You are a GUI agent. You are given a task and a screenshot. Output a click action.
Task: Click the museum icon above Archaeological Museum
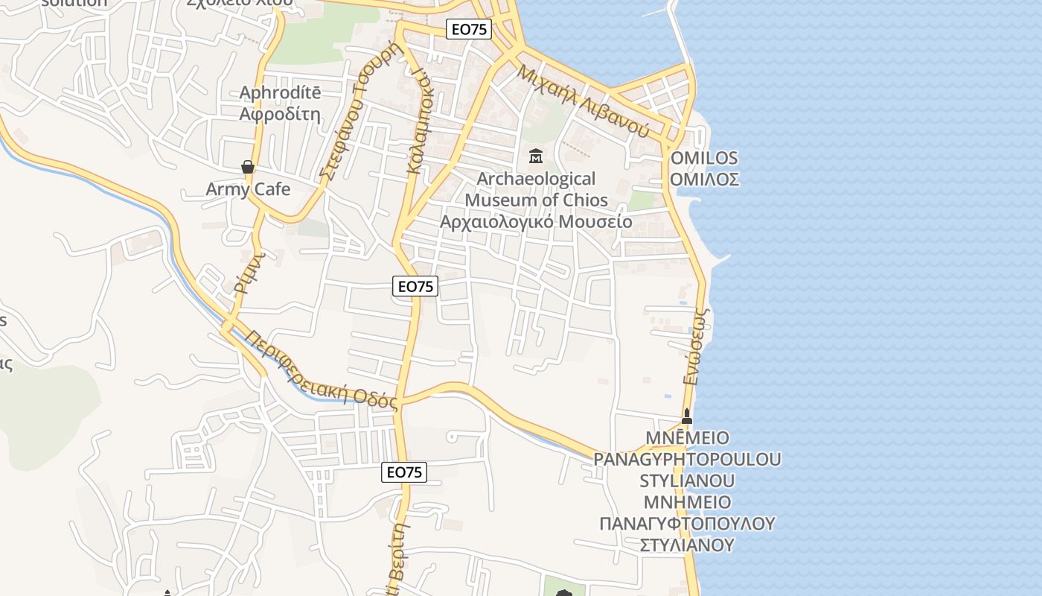535,156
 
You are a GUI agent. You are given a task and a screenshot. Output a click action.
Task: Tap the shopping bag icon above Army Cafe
248,167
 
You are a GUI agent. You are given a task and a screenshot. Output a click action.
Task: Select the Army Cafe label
248,189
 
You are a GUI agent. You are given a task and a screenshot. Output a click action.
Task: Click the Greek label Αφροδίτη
280,114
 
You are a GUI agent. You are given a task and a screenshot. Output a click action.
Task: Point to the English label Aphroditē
280,93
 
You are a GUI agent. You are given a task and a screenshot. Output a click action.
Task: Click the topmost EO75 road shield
468,29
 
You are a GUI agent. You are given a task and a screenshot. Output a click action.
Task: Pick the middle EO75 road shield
415,285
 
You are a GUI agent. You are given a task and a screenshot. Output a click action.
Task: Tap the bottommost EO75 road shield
404,472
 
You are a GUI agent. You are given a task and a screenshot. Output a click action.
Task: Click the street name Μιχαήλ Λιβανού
583,101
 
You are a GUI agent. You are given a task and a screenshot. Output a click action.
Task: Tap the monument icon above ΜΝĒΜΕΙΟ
687,416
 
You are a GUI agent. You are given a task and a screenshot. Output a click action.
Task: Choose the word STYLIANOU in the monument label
687,480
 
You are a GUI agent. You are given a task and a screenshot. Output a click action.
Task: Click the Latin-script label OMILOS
704,158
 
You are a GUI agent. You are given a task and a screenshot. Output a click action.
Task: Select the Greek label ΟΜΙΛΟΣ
704,179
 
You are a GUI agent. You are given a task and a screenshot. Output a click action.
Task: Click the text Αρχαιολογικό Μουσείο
536,221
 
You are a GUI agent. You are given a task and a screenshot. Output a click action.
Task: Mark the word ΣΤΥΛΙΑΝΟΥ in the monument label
687,545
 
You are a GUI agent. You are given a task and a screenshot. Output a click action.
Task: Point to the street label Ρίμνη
251,273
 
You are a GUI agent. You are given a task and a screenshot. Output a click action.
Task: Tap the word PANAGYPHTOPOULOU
687,458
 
